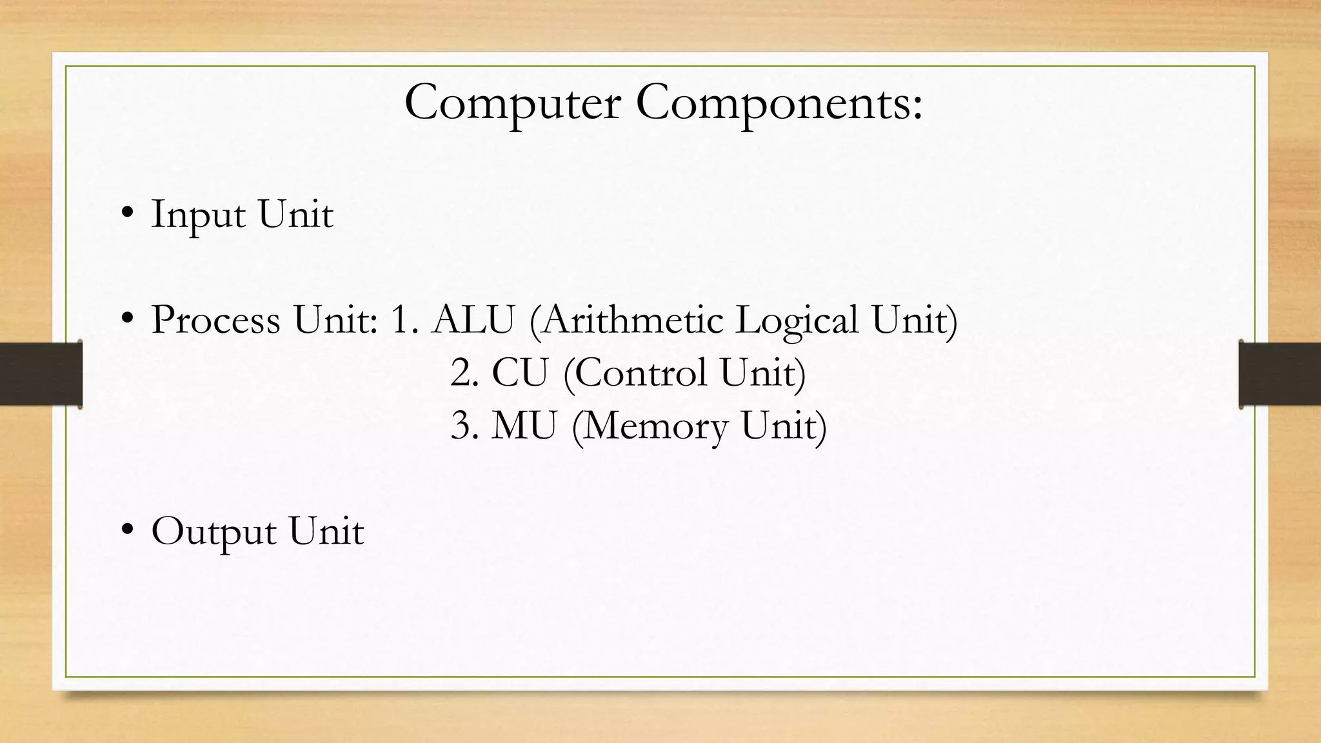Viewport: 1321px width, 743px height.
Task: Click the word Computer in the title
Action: click(x=512, y=103)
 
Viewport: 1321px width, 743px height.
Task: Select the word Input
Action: click(x=197, y=215)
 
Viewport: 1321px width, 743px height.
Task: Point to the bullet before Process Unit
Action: click(x=127, y=318)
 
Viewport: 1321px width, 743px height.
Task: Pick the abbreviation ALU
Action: click(x=473, y=319)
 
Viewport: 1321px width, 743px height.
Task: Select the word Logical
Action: click(x=797, y=321)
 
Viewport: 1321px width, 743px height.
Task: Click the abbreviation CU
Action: click(x=519, y=373)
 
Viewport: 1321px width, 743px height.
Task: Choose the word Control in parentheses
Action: click(x=641, y=373)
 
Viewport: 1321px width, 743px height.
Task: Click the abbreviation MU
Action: click(x=523, y=426)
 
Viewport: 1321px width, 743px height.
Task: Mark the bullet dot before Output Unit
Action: click(x=127, y=530)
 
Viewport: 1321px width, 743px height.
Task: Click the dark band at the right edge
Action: click(x=1280, y=374)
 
